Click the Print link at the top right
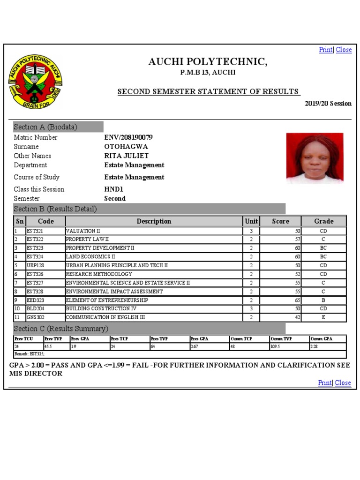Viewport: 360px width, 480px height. coord(325,50)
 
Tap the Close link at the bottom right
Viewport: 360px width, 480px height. coord(343,383)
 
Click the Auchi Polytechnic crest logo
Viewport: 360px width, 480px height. coord(35,82)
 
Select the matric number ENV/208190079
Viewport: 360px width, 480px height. coord(128,137)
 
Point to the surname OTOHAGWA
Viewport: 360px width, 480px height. coord(126,147)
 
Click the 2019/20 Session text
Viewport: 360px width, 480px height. coord(328,104)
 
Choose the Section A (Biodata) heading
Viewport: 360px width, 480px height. coord(45,127)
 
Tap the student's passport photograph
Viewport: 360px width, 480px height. coord(315,158)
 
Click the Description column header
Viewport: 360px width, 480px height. coord(154,221)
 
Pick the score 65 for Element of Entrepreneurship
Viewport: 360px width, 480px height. coord(297,300)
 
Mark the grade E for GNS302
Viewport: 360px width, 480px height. coord(323,317)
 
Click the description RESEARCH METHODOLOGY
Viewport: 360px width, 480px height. coord(99,274)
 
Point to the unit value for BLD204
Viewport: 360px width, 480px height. coord(251,309)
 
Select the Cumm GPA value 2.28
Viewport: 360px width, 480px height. coord(314,347)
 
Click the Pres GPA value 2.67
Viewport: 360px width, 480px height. coord(195,347)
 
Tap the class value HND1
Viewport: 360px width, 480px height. coord(113,189)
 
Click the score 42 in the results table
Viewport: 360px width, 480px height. coord(297,317)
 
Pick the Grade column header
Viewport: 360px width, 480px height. coord(323,221)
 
